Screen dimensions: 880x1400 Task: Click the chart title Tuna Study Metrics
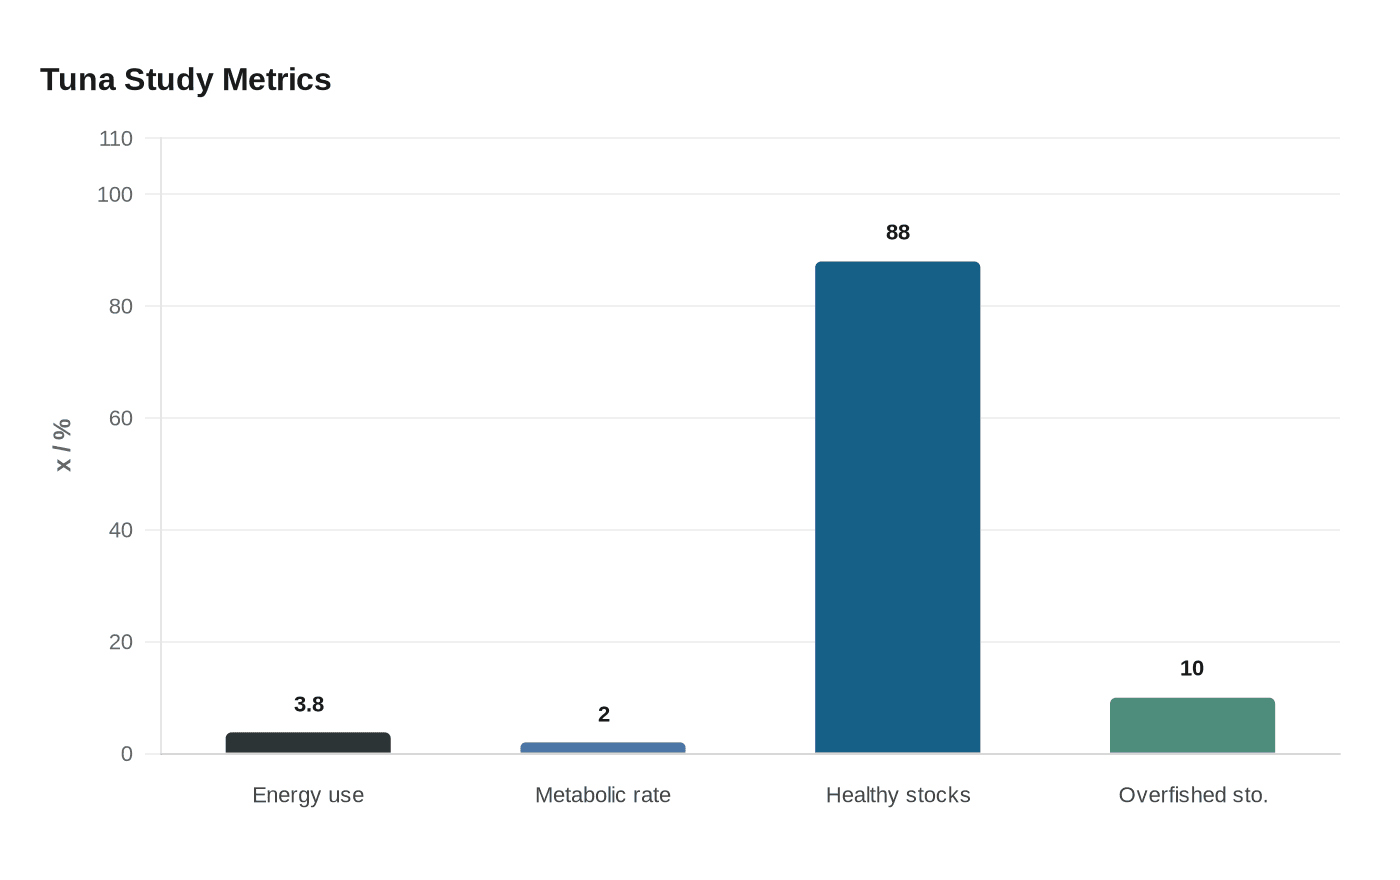tap(185, 80)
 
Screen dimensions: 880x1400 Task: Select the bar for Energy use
tap(308, 743)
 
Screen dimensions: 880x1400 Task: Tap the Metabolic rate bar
tap(603, 748)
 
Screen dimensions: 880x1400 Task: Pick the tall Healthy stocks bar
tap(897, 507)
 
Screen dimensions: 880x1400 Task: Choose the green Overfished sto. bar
tap(1192, 725)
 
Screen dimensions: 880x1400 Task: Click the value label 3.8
tap(309, 705)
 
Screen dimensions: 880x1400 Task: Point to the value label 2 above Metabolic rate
tap(603, 715)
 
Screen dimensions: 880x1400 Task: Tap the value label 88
tap(897, 233)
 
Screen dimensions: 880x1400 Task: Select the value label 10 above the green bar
tap(1192, 669)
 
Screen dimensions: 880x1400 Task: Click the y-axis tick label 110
tap(116, 139)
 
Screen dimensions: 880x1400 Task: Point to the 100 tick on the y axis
tap(115, 195)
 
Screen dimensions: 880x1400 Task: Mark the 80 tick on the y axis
tap(121, 307)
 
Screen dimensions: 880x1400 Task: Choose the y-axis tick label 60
tap(121, 419)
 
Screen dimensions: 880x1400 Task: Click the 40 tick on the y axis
tap(121, 531)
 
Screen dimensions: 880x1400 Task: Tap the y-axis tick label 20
tap(121, 643)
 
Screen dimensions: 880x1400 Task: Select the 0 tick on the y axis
tap(127, 755)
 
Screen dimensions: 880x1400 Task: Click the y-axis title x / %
tap(63, 445)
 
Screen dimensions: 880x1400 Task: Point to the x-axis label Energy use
tap(308, 795)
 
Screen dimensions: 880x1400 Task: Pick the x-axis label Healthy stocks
tap(897, 795)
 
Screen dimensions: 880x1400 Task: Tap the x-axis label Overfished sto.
tap(1192, 795)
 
